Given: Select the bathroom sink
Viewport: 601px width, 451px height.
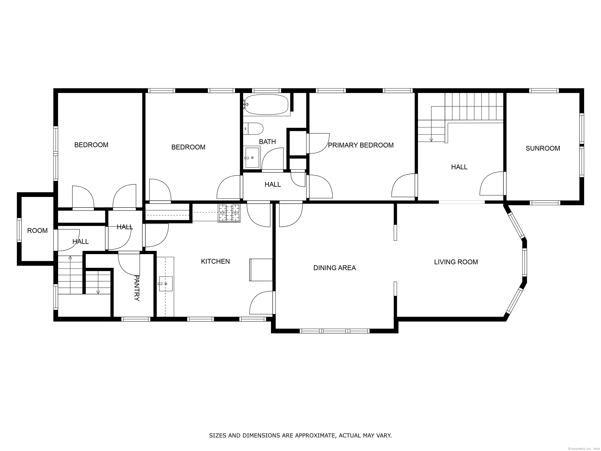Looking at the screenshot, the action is [x=252, y=158].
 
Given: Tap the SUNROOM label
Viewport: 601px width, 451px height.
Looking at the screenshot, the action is [x=543, y=148].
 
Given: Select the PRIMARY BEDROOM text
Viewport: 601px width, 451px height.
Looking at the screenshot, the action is [x=361, y=145].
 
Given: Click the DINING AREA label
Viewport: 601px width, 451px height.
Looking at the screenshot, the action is [x=335, y=268].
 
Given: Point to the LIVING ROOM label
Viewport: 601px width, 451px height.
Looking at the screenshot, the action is [x=456, y=262].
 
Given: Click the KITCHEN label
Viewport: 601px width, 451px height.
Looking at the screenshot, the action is [x=215, y=261].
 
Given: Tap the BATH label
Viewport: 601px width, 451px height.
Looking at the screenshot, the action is [x=267, y=142].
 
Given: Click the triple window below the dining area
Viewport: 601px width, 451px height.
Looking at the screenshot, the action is [x=335, y=331].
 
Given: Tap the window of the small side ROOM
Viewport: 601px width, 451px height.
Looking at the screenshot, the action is [x=19, y=230].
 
